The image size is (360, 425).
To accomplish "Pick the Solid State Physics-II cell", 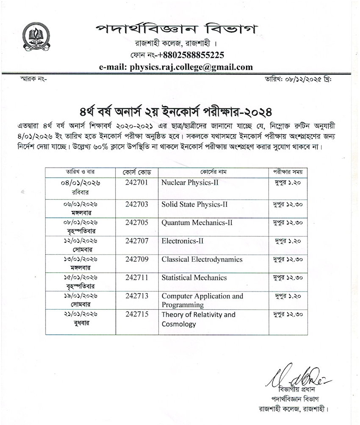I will (194, 204).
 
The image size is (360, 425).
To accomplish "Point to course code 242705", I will (137, 222).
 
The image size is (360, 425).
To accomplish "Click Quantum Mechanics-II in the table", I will (197, 222).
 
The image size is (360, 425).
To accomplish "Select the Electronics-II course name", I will (183, 241).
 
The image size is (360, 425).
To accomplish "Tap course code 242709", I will (137, 259).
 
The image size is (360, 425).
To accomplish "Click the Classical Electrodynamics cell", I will (202, 259).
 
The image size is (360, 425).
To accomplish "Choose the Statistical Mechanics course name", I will (194, 278).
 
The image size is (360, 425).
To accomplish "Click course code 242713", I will (137, 296).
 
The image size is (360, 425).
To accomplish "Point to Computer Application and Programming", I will (202, 300).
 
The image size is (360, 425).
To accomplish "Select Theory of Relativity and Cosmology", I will (198, 319).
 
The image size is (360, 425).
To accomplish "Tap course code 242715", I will (137, 314).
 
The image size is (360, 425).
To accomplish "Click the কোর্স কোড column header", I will (137, 172).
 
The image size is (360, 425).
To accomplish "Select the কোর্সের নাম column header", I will (213, 172).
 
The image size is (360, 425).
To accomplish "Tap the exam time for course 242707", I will (288, 241).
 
